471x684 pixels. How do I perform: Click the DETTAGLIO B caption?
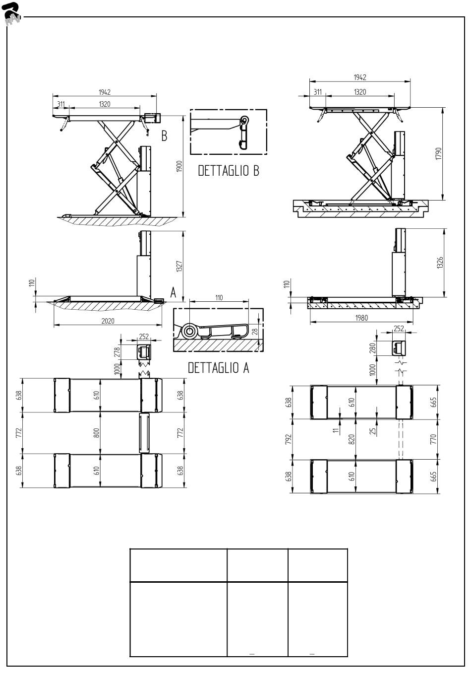[x=229, y=171]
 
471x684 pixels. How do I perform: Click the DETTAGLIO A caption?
[x=219, y=368]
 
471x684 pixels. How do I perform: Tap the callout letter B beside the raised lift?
[x=164, y=136]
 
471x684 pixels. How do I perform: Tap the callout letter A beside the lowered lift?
[x=173, y=292]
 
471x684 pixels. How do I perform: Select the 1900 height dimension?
[x=179, y=166]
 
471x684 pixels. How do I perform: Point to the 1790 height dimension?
[x=438, y=153]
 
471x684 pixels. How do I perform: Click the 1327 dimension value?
[x=179, y=266]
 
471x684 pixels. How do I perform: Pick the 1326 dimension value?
[x=440, y=263]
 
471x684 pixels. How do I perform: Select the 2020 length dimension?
[x=108, y=321]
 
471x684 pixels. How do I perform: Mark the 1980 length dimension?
[x=361, y=318]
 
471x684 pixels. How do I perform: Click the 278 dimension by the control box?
[x=117, y=352]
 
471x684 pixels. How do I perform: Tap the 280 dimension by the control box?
[x=372, y=348]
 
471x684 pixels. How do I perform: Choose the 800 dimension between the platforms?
[x=96, y=433]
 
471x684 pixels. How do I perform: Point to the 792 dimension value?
[x=288, y=439]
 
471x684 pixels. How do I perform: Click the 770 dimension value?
[x=433, y=439]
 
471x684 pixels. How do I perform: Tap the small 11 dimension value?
[x=336, y=430]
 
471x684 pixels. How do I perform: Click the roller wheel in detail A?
[x=188, y=331]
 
